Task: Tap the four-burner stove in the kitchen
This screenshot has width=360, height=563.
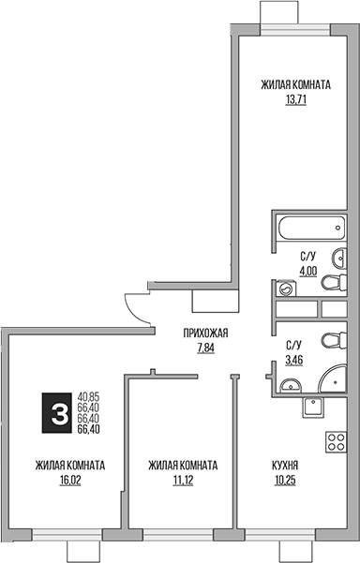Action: (x=335, y=442)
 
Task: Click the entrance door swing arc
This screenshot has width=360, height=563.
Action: (x=137, y=308)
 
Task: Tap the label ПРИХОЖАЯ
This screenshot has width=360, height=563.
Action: (x=205, y=333)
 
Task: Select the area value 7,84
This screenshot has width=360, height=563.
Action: (x=205, y=348)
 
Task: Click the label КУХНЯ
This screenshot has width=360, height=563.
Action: (x=286, y=465)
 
